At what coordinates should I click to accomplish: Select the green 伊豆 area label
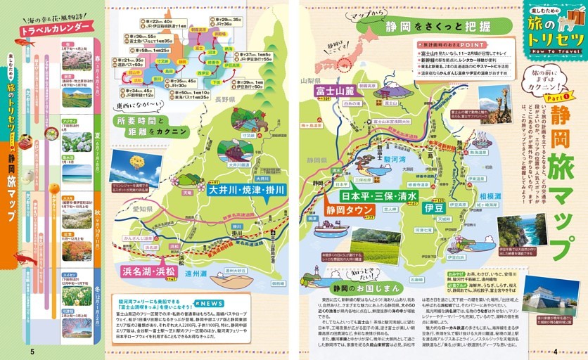[434, 208]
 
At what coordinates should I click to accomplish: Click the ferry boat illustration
[329, 229]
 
